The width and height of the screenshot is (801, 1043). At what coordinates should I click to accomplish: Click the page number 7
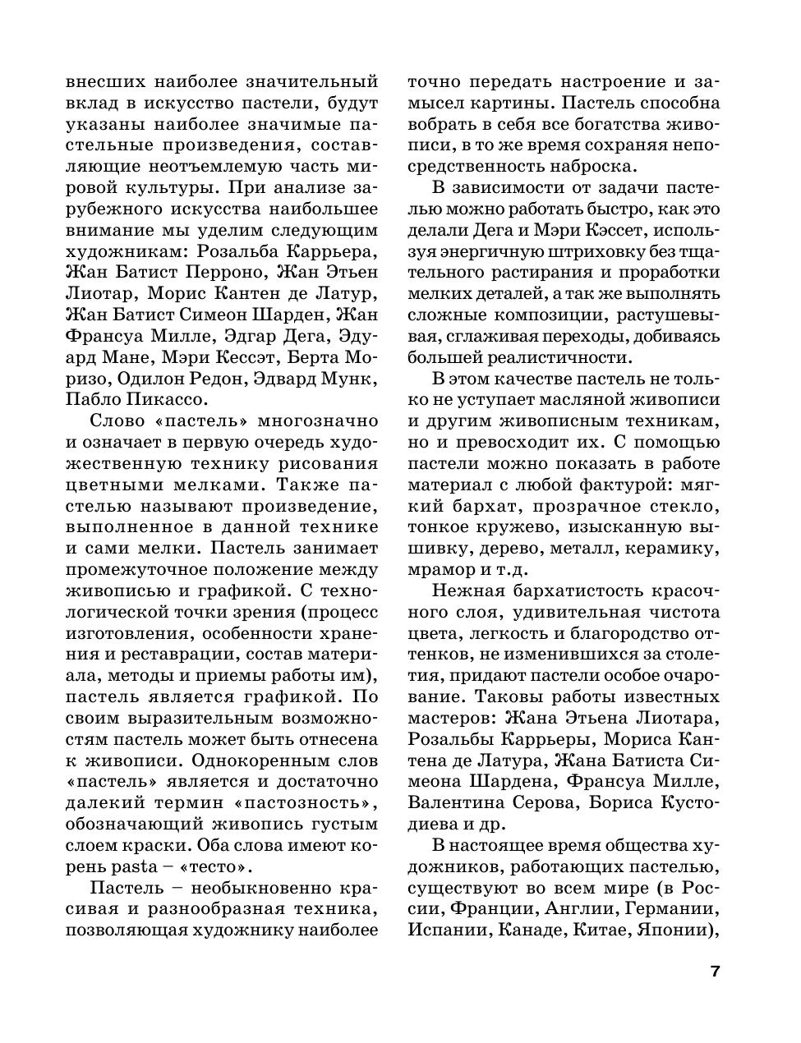click(x=714, y=972)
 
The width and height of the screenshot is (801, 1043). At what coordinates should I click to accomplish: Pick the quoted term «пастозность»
click(x=308, y=803)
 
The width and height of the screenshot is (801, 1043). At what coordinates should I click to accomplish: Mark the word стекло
click(x=684, y=505)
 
